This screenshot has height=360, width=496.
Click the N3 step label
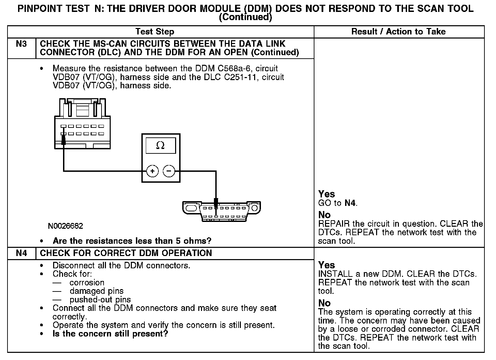(21, 44)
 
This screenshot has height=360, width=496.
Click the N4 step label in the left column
(21, 253)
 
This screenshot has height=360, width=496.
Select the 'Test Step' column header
(155, 32)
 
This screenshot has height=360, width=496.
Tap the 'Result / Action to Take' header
(398, 32)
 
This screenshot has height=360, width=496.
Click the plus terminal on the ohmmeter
(152, 171)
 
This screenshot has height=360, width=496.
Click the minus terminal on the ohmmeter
(169, 171)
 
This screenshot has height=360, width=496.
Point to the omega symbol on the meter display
(160, 146)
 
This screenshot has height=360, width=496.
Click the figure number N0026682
(65, 226)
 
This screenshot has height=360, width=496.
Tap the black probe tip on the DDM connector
(63, 139)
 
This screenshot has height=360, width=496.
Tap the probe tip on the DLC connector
(216, 202)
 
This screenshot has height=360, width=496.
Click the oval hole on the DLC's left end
(192, 208)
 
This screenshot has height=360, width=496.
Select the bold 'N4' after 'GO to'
(350, 203)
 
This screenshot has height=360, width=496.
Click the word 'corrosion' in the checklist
(87, 283)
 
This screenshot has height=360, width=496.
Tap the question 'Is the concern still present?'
(110, 334)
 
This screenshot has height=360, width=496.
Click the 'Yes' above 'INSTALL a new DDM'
(326, 265)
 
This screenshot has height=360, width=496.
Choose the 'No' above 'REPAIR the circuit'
(324, 215)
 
